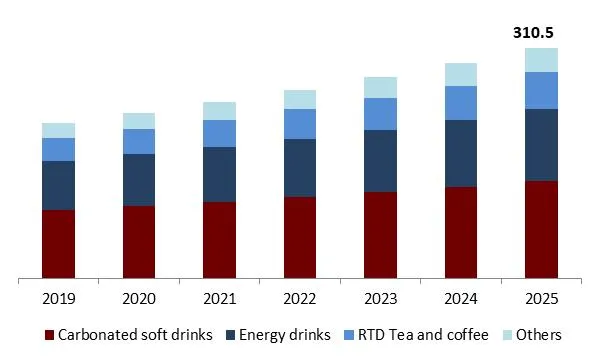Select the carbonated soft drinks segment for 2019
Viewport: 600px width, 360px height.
(x=58, y=244)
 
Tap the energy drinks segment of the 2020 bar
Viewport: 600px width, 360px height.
(x=139, y=180)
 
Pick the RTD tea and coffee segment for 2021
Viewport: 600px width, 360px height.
(x=219, y=133)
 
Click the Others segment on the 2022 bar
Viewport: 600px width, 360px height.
(x=300, y=99)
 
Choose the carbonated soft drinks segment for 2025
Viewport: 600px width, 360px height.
(x=541, y=229)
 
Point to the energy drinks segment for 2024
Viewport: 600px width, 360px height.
(x=461, y=153)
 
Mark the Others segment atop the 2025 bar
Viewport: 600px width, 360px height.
(x=541, y=60)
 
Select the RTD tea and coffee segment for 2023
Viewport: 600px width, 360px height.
(x=380, y=114)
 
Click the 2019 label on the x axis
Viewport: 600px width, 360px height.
(x=58, y=300)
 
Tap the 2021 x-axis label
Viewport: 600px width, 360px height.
(x=219, y=300)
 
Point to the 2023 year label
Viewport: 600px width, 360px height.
(x=380, y=300)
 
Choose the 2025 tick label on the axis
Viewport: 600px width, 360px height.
(x=541, y=300)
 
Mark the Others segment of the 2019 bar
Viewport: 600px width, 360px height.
(x=58, y=130)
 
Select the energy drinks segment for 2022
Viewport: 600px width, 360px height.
(x=300, y=168)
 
